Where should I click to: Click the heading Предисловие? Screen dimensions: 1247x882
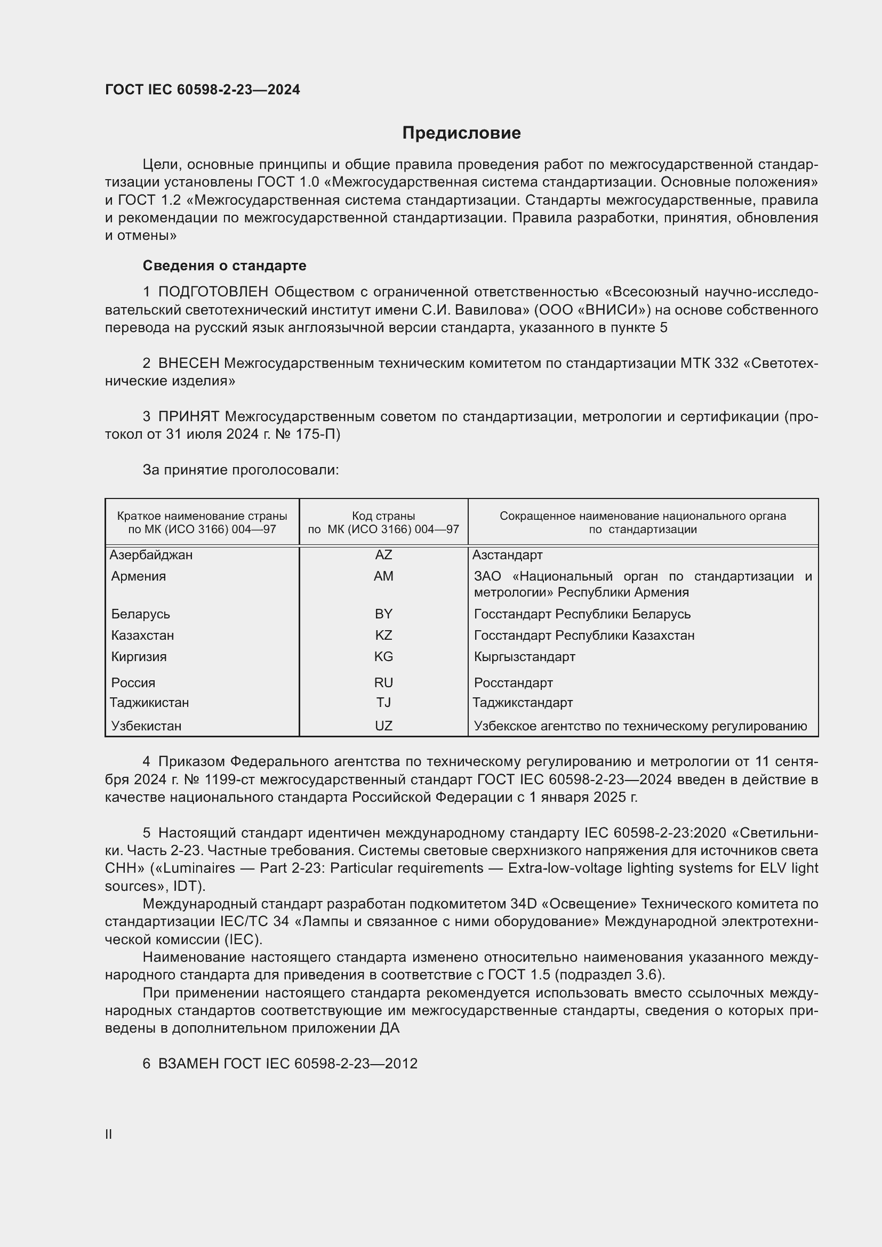tap(461, 133)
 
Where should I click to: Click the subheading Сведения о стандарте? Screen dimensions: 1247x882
tap(224, 266)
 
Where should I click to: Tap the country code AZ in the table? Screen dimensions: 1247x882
tap(383, 555)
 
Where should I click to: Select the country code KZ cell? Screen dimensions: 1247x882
tap(383, 635)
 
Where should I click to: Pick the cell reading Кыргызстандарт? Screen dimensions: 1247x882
tap(524, 657)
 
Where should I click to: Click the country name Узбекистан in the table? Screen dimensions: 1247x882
tap(146, 726)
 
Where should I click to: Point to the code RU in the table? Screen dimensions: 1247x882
tap(383, 683)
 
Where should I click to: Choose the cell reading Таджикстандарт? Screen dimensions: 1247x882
tap(523, 703)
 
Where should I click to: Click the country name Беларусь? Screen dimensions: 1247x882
tap(141, 614)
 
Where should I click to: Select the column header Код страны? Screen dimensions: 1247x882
tap(383, 516)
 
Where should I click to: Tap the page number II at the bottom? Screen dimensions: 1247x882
tap(109, 1135)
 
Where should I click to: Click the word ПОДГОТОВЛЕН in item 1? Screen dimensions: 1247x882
tap(213, 292)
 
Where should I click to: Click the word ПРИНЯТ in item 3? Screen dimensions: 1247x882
tap(188, 416)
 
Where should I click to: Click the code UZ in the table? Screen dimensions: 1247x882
tap(383, 726)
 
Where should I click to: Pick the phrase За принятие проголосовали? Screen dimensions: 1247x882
tap(240, 470)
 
